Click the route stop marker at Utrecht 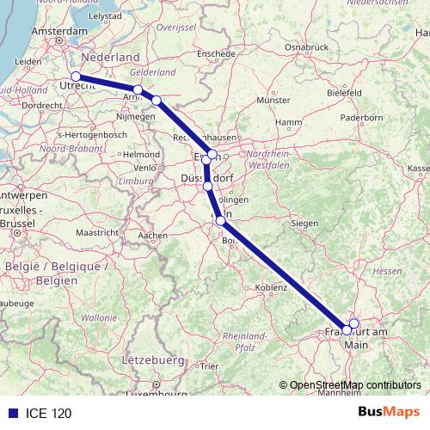pos(76,77)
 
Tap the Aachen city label pos(152,235)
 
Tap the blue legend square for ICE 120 pos(9,414)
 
